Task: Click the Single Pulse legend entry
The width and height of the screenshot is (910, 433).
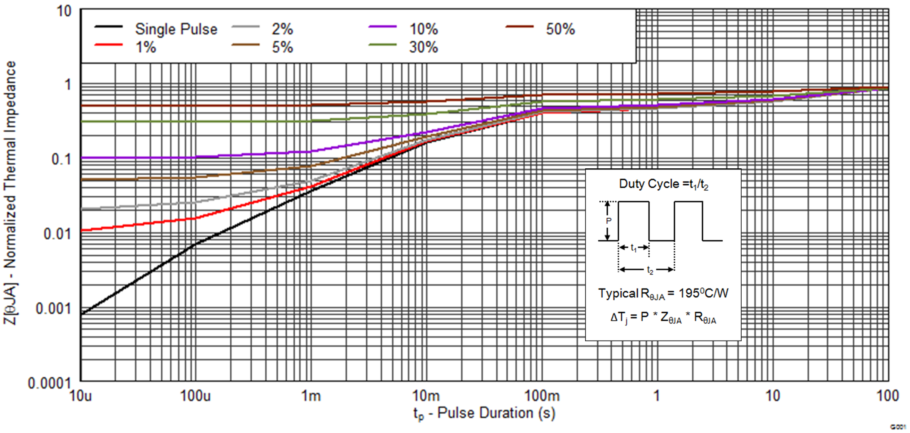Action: point(176,29)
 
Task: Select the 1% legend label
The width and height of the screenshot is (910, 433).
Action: point(146,47)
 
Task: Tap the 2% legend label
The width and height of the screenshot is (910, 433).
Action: point(282,29)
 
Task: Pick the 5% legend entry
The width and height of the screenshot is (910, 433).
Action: point(282,47)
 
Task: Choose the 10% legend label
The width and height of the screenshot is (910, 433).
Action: point(423,29)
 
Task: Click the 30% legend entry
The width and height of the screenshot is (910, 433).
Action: point(423,47)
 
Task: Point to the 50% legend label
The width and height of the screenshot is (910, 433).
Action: point(560,29)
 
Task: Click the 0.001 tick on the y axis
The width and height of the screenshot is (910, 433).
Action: point(53,309)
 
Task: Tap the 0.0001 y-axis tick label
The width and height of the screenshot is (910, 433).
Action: point(49,383)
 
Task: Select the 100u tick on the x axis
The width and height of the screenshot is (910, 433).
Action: point(195,396)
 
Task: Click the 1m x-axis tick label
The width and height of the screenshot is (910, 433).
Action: point(311,396)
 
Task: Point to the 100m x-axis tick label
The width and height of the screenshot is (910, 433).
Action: point(542,396)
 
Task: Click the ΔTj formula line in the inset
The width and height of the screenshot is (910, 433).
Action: point(663,318)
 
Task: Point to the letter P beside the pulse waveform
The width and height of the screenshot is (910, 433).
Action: point(609,221)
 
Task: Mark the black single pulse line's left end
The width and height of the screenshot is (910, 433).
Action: point(82,314)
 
